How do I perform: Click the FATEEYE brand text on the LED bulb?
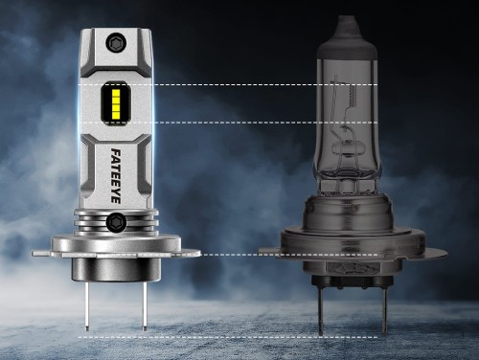click(115, 175)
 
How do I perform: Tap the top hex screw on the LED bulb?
click(116, 42)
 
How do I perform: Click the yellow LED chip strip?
click(116, 103)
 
